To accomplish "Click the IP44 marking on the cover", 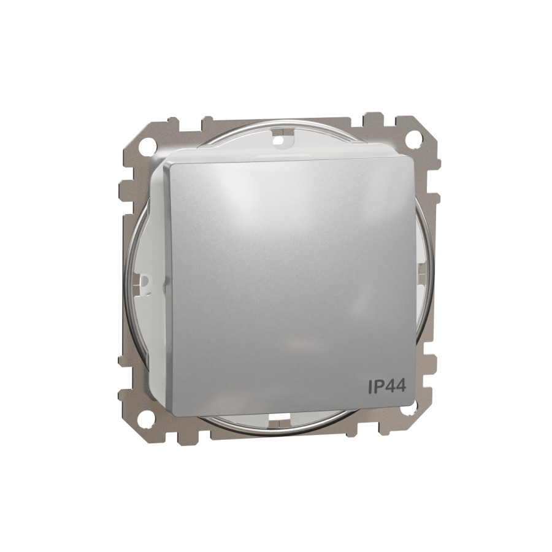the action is pos(387,386).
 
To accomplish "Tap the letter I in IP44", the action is pos(370,386).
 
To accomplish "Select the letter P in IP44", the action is pos(378,386).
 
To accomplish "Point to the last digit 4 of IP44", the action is pos(401,386).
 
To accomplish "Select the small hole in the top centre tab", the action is pos(280,140).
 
